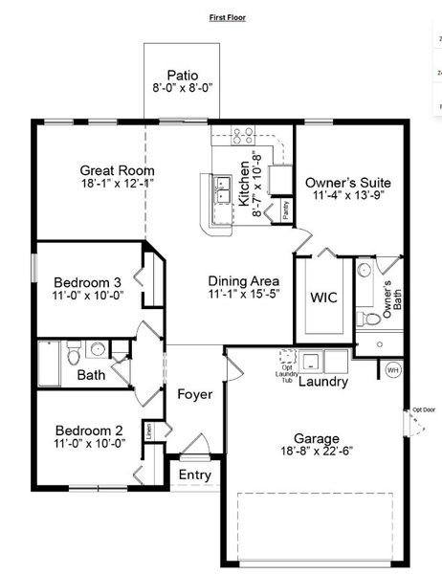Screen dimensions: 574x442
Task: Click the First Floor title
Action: (x=229, y=17)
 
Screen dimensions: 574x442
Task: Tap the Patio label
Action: (x=183, y=75)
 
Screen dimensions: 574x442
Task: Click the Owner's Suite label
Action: (x=348, y=182)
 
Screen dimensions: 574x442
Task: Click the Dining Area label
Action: (x=244, y=280)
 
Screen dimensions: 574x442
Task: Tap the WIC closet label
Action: (x=322, y=297)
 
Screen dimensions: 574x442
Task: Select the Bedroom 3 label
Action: (x=87, y=282)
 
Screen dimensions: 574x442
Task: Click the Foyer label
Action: (x=194, y=394)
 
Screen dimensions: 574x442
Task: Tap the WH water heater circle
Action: (x=392, y=370)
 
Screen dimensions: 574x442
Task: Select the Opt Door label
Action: (x=423, y=409)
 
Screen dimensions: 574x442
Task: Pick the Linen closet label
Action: (x=149, y=431)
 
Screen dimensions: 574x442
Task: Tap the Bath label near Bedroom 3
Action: (x=92, y=375)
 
